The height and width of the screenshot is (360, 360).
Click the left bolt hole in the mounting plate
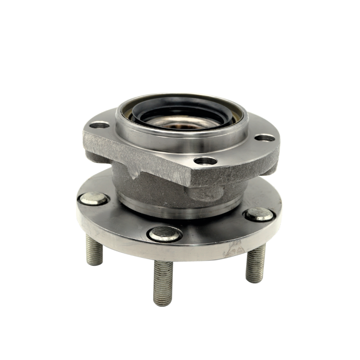[100, 126]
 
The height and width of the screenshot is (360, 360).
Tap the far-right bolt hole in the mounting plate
[266, 139]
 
